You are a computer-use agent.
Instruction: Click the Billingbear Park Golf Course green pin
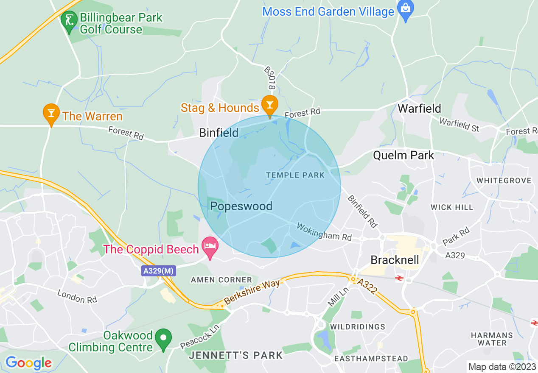(x=68, y=20)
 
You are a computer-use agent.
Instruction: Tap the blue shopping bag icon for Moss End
(x=406, y=9)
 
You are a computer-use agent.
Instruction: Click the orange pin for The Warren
(x=51, y=113)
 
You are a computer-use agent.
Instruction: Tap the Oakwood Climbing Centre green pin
(x=163, y=339)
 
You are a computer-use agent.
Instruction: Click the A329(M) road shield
(x=158, y=271)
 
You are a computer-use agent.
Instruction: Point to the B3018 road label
(x=269, y=78)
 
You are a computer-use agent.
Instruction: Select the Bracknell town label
(x=395, y=259)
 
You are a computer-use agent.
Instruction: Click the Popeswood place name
(x=241, y=206)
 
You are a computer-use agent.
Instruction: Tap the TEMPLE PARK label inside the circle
(x=295, y=175)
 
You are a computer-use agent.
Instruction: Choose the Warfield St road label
(x=459, y=124)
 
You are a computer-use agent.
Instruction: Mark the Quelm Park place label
(x=403, y=156)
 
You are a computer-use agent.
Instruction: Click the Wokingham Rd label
(x=324, y=232)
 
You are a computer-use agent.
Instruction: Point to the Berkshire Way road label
(x=252, y=292)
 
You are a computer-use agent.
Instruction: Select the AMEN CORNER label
(x=221, y=280)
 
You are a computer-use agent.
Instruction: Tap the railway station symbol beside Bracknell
(x=398, y=278)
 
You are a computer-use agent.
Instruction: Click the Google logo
(x=28, y=362)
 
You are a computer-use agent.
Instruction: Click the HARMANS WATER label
(x=491, y=339)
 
